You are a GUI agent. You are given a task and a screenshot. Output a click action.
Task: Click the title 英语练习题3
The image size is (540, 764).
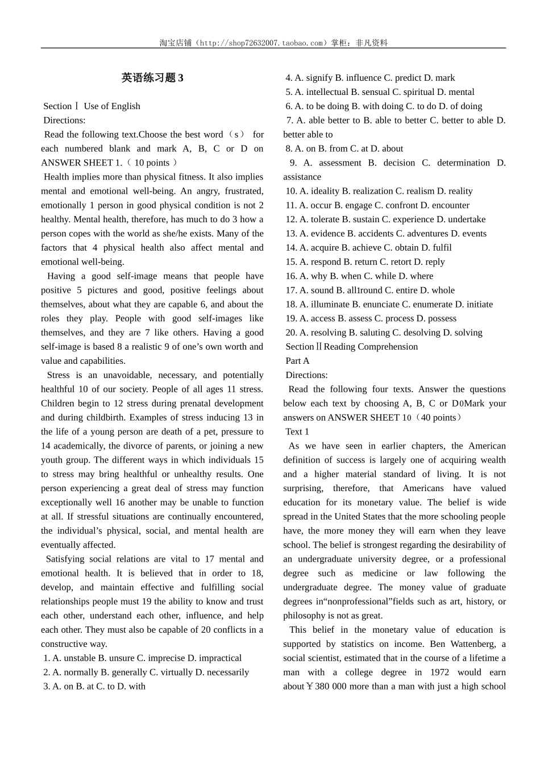(x=152, y=78)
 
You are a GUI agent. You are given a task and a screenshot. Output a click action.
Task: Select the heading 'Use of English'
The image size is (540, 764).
(x=111, y=106)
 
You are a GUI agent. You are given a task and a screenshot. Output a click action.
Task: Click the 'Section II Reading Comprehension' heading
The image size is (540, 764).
(x=351, y=347)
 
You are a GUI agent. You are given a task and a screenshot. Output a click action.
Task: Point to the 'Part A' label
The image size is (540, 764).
(x=297, y=361)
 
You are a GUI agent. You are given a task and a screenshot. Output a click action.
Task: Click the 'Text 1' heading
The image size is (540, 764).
(x=297, y=431)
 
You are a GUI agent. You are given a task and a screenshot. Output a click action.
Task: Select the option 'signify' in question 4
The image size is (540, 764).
(x=319, y=78)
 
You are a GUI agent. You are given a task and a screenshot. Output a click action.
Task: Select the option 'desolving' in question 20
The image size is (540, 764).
(x=414, y=333)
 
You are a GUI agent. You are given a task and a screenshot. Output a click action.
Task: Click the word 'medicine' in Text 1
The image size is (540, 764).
(x=379, y=573)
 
